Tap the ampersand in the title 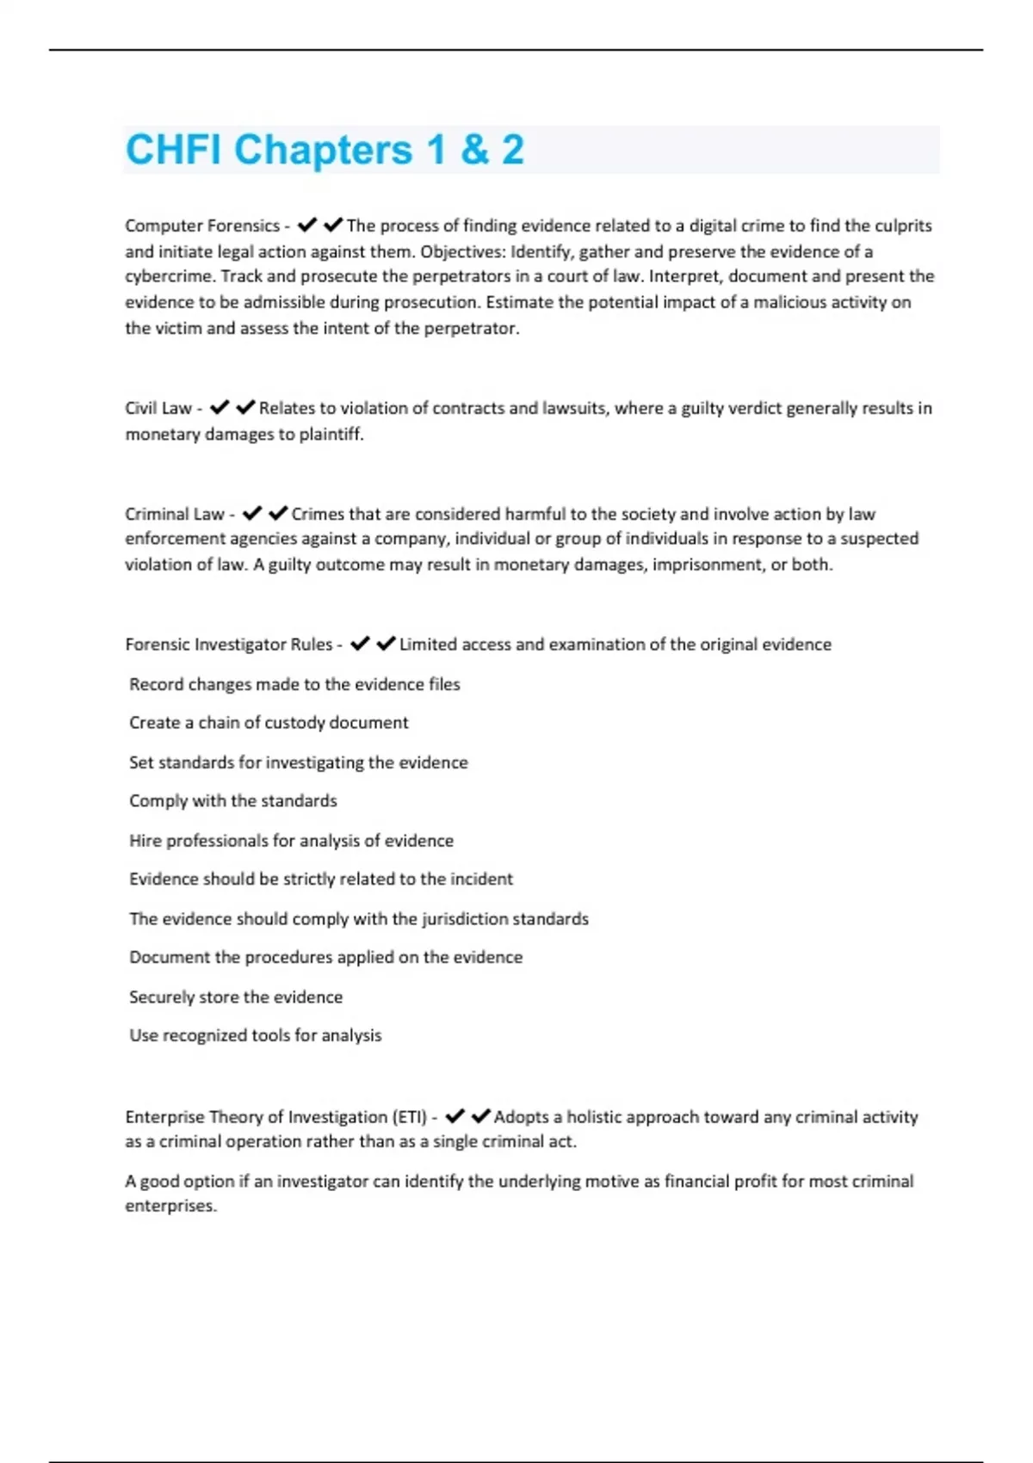point(474,150)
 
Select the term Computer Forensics point(202,225)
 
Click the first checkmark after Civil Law point(220,407)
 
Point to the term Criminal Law point(175,514)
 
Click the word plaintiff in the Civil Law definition point(331,434)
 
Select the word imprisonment point(709,565)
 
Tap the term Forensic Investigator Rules point(229,645)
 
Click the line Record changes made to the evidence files point(294,684)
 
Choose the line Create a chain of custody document point(269,723)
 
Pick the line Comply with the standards point(233,801)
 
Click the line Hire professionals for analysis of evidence point(291,841)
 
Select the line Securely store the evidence point(236,997)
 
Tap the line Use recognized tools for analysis point(255,1035)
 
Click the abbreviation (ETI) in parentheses point(410,1117)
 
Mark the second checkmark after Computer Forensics point(333,225)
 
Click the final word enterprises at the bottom point(170,1206)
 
